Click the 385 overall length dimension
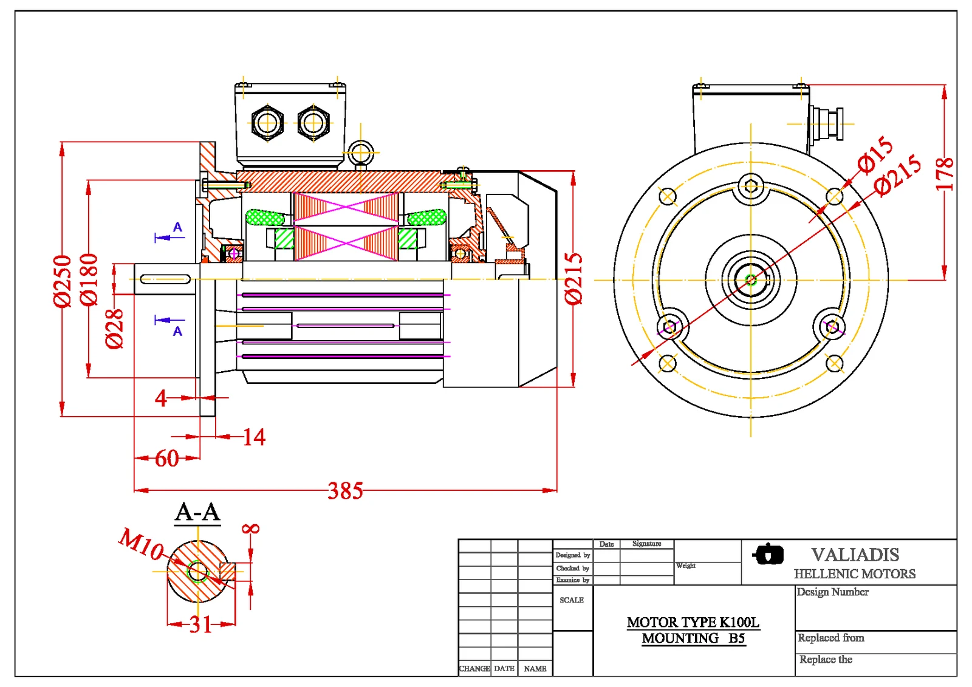[345, 491]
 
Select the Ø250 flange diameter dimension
[62, 281]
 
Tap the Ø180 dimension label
[89, 279]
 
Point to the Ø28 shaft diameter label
[114, 329]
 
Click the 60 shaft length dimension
[166, 459]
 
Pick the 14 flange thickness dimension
[254, 437]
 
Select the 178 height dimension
[944, 174]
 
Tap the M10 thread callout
[141, 544]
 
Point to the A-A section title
[197, 512]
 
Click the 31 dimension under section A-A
[200, 624]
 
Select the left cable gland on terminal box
[267, 123]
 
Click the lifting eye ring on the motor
[361, 153]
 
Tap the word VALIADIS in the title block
[855, 555]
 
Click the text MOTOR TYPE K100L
[693, 622]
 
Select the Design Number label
[832, 592]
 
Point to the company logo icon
[768, 554]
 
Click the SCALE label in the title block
[572, 600]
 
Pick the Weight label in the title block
[686, 566]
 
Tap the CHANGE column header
[474, 669]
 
